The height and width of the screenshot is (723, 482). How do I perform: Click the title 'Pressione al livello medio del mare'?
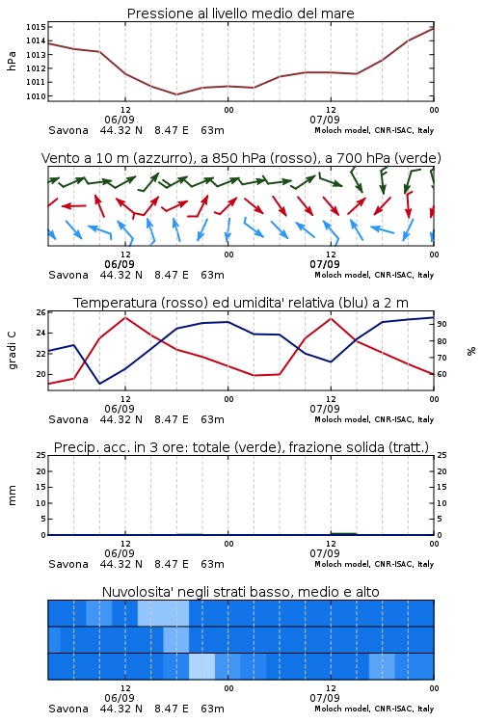tap(240, 13)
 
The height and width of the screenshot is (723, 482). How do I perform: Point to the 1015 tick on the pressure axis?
tap(36, 27)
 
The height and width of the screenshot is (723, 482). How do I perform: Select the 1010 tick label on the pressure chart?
tap(36, 96)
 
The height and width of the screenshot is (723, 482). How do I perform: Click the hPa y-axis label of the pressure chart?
tap(12, 61)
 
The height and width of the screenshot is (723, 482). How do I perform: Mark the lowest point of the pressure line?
tap(176, 94)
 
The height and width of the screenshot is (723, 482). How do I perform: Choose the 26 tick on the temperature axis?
tap(41, 312)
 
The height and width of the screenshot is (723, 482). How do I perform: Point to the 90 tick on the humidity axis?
tap(442, 324)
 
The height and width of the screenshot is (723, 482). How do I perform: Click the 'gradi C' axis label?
tap(12, 351)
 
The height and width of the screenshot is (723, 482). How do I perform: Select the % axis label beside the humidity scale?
tap(471, 351)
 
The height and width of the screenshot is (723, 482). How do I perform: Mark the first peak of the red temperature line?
tap(125, 317)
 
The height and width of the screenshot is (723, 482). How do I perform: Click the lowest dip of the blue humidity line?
tap(99, 383)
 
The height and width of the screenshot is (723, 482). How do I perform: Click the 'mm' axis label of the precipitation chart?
tap(12, 495)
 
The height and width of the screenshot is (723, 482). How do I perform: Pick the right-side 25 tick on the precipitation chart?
tap(442, 455)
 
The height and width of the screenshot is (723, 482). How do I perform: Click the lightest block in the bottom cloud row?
tap(202, 666)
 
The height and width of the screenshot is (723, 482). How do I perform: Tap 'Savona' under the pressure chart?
tap(68, 130)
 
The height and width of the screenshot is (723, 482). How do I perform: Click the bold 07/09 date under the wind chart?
tap(325, 265)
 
